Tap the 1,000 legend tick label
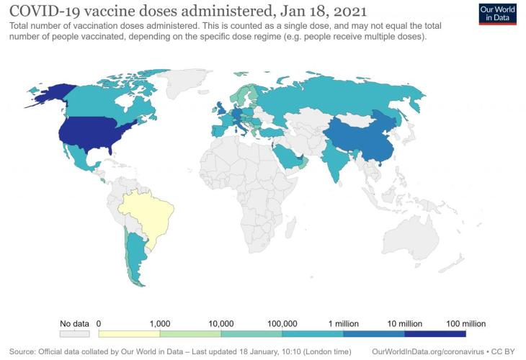(159, 323)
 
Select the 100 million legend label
(465, 323)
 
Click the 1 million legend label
(343, 323)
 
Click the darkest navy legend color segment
(435, 334)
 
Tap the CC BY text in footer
(504, 351)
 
